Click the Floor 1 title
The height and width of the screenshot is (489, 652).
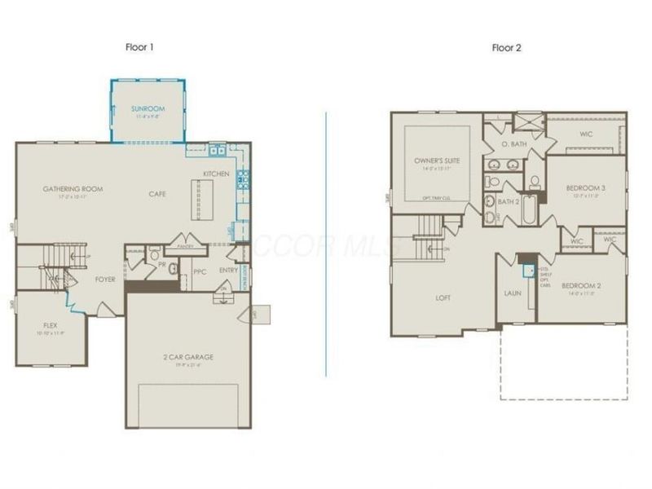pyautogui.click(x=141, y=47)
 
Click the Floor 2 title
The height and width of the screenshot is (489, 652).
pyautogui.click(x=506, y=47)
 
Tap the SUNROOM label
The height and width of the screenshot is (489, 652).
pyautogui.click(x=148, y=108)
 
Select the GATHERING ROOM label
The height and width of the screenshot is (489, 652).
pyautogui.click(x=71, y=189)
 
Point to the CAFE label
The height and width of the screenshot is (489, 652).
pyautogui.click(x=157, y=194)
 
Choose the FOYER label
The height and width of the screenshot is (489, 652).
pyautogui.click(x=104, y=279)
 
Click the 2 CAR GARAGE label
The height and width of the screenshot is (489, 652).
pyautogui.click(x=187, y=356)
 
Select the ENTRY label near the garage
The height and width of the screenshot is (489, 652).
pyautogui.click(x=229, y=271)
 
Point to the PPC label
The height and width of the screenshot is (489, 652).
pyautogui.click(x=199, y=271)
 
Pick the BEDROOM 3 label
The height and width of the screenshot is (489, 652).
pyautogui.click(x=584, y=187)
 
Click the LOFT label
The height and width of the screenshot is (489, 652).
pyautogui.click(x=443, y=297)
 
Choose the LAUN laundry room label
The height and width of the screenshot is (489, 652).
pyautogui.click(x=513, y=293)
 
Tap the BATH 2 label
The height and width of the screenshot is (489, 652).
pyautogui.click(x=509, y=201)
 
